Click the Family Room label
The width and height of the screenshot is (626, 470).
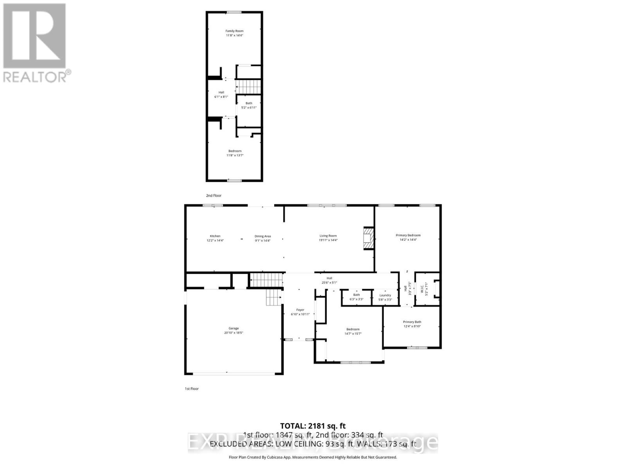234,31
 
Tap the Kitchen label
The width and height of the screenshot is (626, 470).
215,236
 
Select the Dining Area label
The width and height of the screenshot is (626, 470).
263,236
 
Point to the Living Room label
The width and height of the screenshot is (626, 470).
328,236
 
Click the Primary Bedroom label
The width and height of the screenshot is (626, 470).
408,235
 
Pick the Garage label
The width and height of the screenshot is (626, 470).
234,328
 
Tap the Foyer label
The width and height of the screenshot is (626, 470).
300,310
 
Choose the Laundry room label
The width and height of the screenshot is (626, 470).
385,295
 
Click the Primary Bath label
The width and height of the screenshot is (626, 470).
412,322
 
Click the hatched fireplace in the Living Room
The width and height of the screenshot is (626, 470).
368,238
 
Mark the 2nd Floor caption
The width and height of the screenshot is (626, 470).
214,195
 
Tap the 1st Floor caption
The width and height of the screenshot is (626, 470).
192,389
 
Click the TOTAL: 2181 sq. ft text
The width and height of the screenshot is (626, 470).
313,426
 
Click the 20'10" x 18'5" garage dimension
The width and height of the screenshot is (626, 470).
234,333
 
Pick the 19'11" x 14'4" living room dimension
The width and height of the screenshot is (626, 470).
328,240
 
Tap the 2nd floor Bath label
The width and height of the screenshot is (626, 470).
249,103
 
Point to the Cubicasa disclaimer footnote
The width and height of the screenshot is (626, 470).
313,457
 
